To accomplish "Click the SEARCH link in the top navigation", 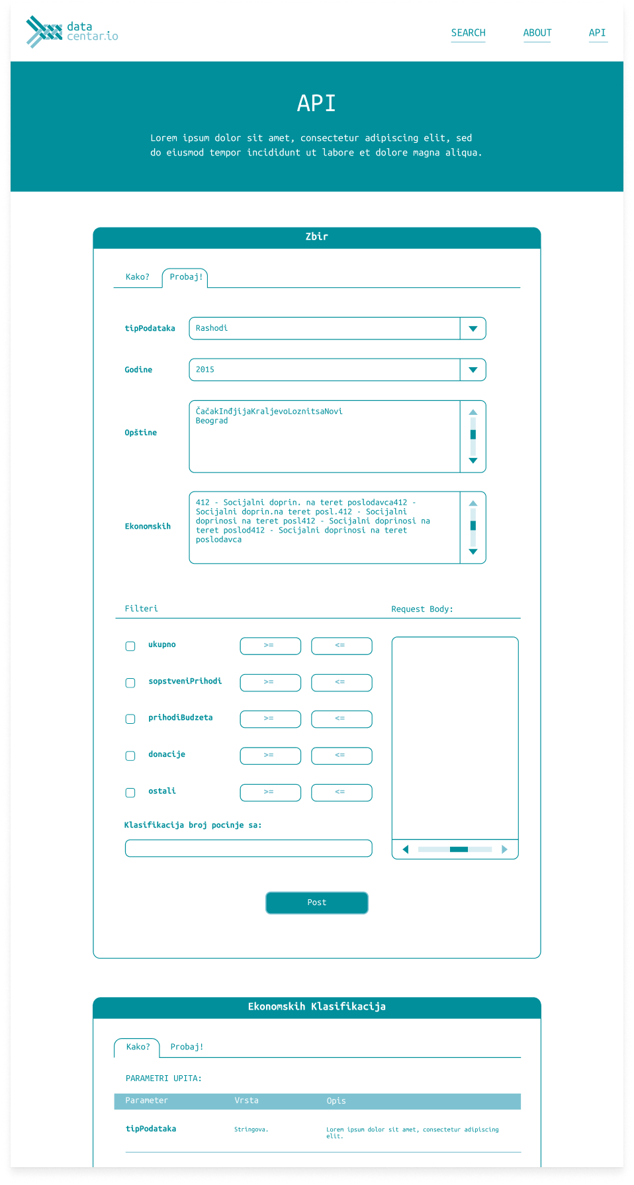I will pyautogui.click(x=468, y=33).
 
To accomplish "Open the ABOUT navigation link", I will pyautogui.click(x=537, y=33).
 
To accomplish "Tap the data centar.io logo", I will pyautogui.click(x=72, y=32).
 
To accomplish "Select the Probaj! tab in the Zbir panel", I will pyautogui.click(x=185, y=277).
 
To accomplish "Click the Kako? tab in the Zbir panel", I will pyautogui.click(x=138, y=277).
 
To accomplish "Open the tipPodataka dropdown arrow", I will pyautogui.click(x=473, y=329).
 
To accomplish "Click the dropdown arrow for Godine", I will pyautogui.click(x=473, y=370).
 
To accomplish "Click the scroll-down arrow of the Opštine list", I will pyautogui.click(x=473, y=461).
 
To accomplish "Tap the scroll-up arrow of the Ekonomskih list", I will pyautogui.click(x=473, y=504).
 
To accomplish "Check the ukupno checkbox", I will pyautogui.click(x=130, y=646).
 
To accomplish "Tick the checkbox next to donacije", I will pyautogui.click(x=130, y=756).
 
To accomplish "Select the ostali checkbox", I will pyautogui.click(x=130, y=793).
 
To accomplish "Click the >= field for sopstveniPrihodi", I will pyautogui.click(x=270, y=682).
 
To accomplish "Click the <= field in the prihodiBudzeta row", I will pyautogui.click(x=341, y=719).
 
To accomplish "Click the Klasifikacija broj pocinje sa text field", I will pyautogui.click(x=248, y=848).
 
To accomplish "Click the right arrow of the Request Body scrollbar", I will pyautogui.click(x=504, y=850).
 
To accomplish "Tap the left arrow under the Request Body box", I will pyautogui.click(x=406, y=850).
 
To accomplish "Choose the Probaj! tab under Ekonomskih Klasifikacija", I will pyautogui.click(x=187, y=1047).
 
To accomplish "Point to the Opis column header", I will pyautogui.click(x=336, y=1101).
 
